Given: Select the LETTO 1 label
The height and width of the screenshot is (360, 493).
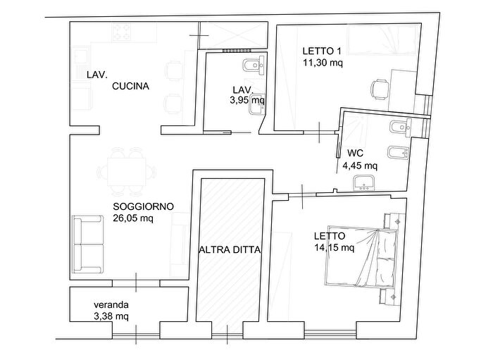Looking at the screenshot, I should [322, 51].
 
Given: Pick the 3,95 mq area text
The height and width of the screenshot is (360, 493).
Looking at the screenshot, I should [246, 100].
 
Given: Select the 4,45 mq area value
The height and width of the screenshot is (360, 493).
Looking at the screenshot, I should [359, 166].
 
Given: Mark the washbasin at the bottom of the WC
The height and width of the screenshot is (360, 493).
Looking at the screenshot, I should [365, 183].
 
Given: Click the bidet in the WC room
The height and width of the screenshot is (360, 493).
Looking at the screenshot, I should [397, 152].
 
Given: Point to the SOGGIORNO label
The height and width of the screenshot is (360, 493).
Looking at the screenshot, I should [143, 206].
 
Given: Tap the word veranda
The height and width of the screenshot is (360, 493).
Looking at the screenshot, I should [111, 305].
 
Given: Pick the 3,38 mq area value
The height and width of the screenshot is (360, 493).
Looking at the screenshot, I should [111, 316].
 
